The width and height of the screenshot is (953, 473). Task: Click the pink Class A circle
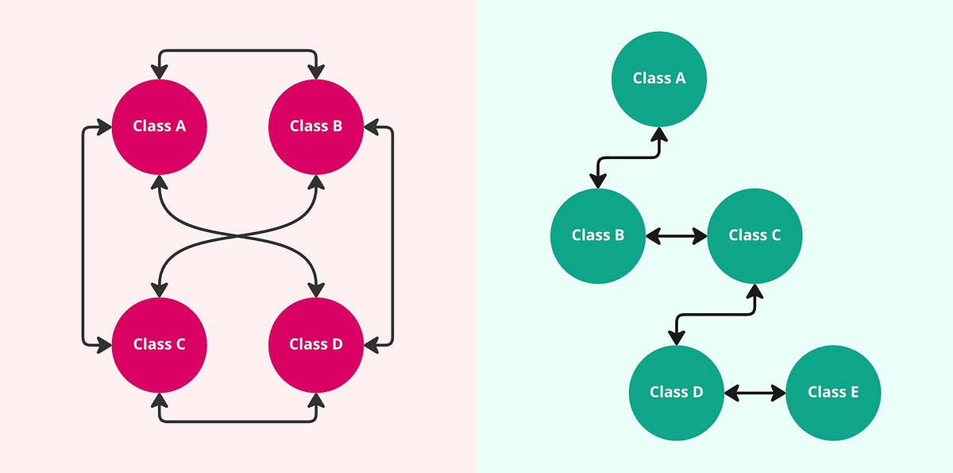pyautogui.click(x=160, y=126)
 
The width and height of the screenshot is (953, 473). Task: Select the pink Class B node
pyautogui.click(x=316, y=126)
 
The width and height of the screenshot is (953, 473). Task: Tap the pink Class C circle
pyautogui.click(x=160, y=344)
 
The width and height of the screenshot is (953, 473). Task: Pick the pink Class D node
pyautogui.click(x=316, y=344)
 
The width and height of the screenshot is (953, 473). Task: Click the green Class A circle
pyautogui.click(x=659, y=78)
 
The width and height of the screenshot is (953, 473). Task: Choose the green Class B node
pyautogui.click(x=598, y=235)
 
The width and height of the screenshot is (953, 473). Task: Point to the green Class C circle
pyautogui.click(x=754, y=235)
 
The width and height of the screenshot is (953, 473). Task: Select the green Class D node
pyautogui.click(x=676, y=392)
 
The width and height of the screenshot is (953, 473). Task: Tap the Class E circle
pyautogui.click(x=833, y=392)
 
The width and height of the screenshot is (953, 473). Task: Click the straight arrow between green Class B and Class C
pyautogui.click(x=676, y=236)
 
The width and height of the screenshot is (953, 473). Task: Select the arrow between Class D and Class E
pyautogui.click(x=754, y=393)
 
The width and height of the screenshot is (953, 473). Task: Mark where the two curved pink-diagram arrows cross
pyautogui.click(x=238, y=235)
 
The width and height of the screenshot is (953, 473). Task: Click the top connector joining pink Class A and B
pyautogui.click(x=238, y=52)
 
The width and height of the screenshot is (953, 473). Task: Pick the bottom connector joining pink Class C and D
pyautogui.click(x=238, y=420)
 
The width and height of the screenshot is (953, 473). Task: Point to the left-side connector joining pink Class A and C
pyautogui.click(x=84, y=235)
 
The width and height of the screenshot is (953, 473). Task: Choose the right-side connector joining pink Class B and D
pyautogui.click(x=392, y=235)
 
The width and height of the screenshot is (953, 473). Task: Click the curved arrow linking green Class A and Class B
pyautogui.click(x=627, y=157)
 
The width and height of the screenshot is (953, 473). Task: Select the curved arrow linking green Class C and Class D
pyautogui.click(x=715, y=314)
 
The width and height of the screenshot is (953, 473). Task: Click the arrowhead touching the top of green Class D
pyautogui.click(x=676, y=337)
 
